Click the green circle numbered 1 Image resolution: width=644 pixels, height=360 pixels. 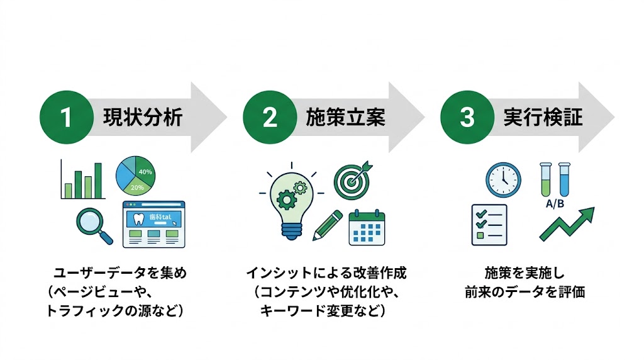pyautogui.click(x=66, y=118)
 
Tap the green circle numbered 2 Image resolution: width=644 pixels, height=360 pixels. pyautogui.click(x=269, y=118)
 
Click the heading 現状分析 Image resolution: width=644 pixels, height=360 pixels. pyautogui.click(x=143, y=118)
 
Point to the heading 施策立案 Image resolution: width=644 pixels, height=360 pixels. pyautogui.click(x=345, y=118)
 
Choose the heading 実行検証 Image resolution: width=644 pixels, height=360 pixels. pyautogui.click(x=543, y=118)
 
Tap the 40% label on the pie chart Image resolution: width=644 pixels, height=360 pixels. pyautogui.click(x=145, y=171)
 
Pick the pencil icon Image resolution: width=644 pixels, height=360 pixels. pyautogui.click(x=326, y=225)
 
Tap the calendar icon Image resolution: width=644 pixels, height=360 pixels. pyautogui.click(x=367, y=227)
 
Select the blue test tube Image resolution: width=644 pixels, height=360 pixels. pyautogui.click(x=563, y=179)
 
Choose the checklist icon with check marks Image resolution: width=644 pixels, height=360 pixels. pyautogui.click(x=489, y=224)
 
